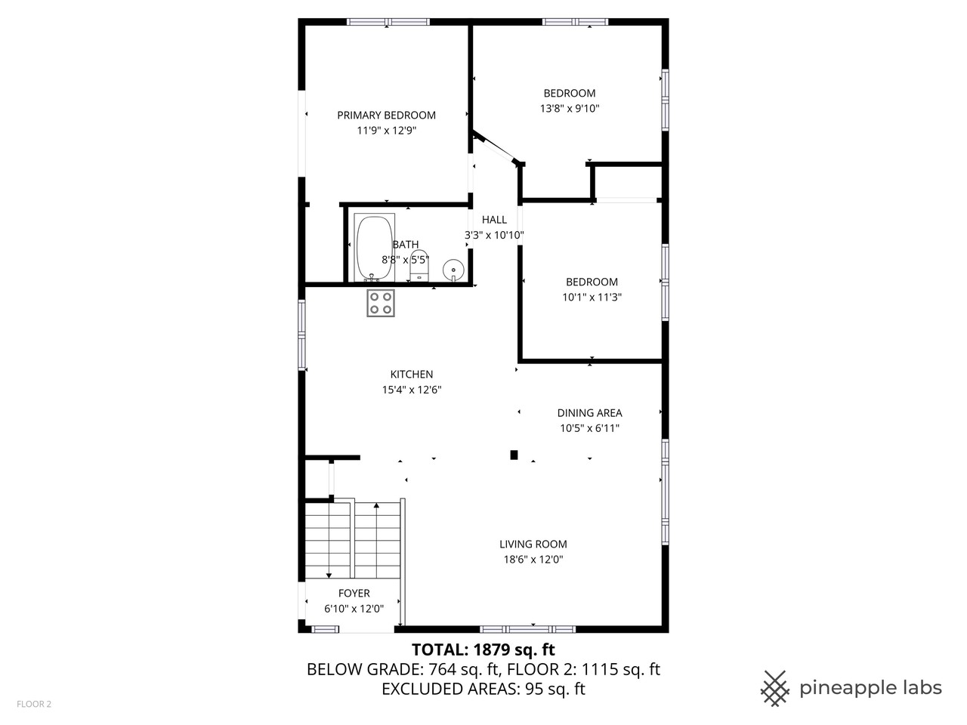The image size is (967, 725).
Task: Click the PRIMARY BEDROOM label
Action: [386, 116]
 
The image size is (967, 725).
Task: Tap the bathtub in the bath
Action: [375, 248]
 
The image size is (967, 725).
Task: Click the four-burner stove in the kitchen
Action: [381, 303]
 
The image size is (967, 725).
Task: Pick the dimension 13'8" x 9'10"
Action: [570, 108]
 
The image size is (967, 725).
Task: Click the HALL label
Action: [494, 220]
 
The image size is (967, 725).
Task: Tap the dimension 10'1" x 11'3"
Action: [592, 297]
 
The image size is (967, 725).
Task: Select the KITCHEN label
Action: [411, 375]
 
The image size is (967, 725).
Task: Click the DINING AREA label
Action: [589, 413]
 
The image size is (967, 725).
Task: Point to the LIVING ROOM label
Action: [533, 544]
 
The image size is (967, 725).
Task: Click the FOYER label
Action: [354, 594]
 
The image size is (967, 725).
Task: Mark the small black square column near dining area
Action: [514, 455]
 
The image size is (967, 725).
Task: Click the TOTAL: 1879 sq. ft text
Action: [483, 649]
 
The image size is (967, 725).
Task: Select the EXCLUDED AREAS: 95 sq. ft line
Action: [483, 689]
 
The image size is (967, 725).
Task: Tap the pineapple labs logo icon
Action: [774, 688]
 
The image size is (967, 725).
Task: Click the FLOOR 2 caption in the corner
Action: [34, 705]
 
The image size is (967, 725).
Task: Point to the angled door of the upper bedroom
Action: [496, 148]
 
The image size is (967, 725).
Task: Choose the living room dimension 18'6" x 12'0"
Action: [533, 560]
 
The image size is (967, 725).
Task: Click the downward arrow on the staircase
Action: [329, 575]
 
